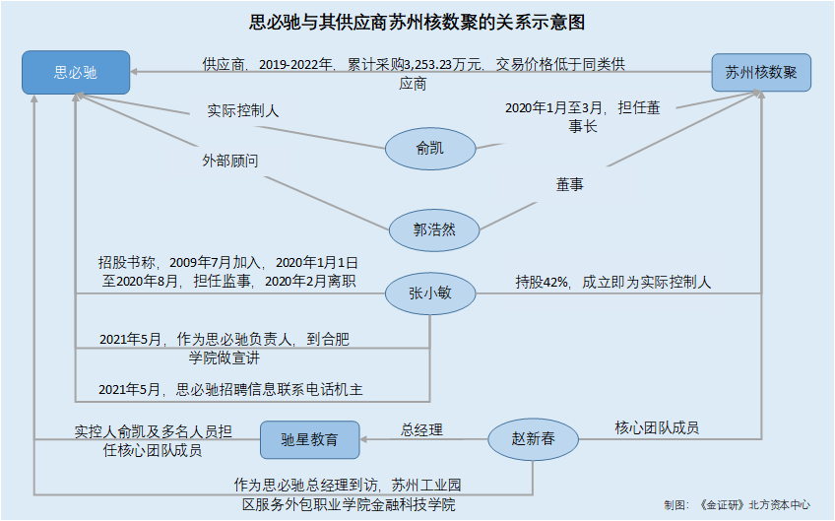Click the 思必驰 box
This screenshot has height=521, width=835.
(76, 73)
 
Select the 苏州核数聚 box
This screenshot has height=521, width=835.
(761, 73)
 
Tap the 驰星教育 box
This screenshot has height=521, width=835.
(309, 439)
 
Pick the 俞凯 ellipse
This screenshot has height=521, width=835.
(429, 149)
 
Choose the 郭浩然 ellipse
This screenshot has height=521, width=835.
(434, 230)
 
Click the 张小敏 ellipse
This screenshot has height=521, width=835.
(429, 293)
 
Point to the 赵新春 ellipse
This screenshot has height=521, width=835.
(533, 439)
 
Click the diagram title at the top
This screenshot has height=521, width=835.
(417, 23)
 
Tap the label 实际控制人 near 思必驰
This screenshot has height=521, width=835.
(243, 111)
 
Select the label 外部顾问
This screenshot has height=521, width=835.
(230, 161)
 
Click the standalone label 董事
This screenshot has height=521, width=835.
(570, 184)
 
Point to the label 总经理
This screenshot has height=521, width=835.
(421, 429)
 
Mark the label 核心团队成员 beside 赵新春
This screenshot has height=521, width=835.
(657, 427)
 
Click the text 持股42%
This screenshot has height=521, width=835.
(541, 282)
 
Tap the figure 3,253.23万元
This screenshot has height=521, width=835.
(442, 65)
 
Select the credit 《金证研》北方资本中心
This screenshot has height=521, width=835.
(754, 504)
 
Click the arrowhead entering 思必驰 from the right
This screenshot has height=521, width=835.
(134, 71)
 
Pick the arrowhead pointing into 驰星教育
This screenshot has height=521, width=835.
(363, 439)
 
